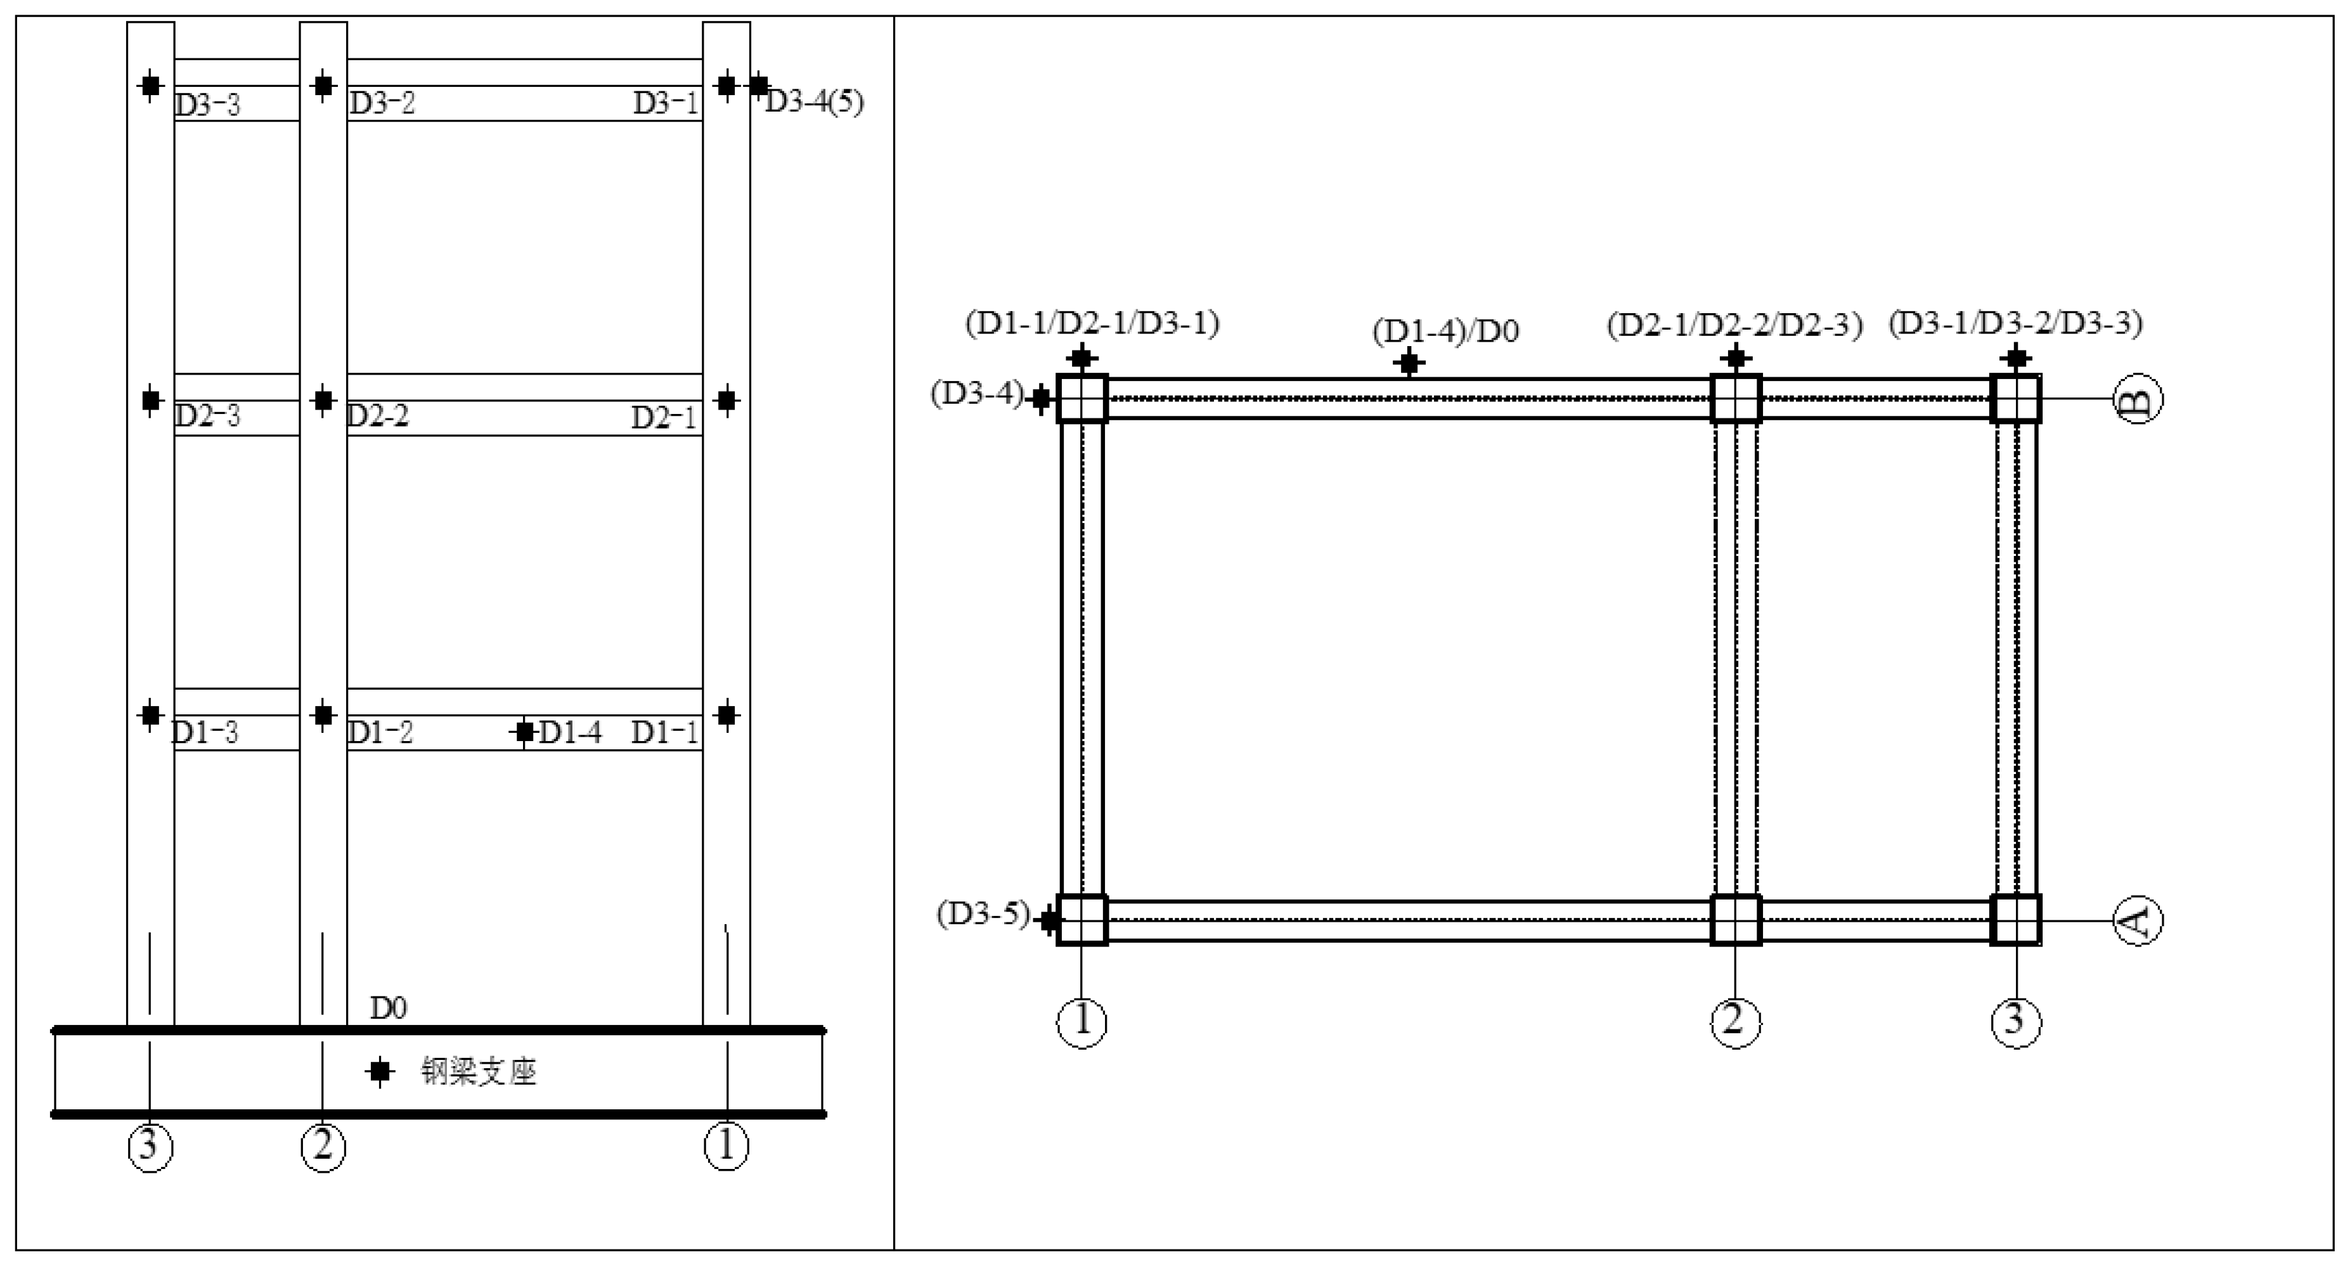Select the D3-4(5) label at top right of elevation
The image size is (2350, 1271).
(814, 101)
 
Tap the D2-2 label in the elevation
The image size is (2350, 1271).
(378, 416)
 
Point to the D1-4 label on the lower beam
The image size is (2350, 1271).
(570, 732)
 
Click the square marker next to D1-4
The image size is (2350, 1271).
(524, 732)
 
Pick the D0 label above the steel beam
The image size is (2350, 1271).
(388, 1007)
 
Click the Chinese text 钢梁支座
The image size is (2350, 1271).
(478, 1071)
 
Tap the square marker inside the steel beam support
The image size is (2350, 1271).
(380, 1071)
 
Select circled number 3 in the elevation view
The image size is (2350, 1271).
(150, 1146)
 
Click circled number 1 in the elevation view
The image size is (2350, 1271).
(726, 1146)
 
